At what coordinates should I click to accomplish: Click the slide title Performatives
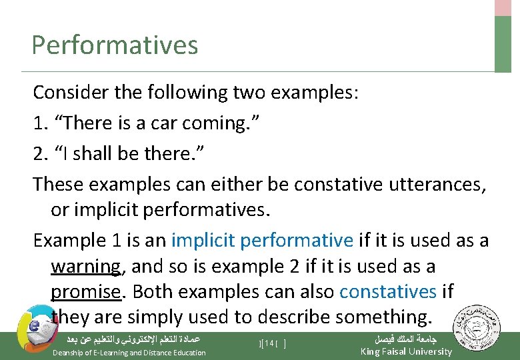click(x=115, y=45)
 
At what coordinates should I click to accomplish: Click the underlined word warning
click(x=86, y=267)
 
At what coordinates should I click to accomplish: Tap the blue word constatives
click(x=387, y=292)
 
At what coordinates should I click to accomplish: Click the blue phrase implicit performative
click(x=262, y=241)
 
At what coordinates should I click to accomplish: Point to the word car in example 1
click(x=167, y=123)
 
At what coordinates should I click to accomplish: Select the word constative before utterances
click(x=319, y=183)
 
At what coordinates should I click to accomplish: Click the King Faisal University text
click(x=405, y=351)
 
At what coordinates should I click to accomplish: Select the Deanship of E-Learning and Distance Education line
click(x=129, y=353)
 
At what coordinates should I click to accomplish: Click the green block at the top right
click(x=503, y=43)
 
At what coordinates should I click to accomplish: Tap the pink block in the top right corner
click(x=503, y=7)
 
